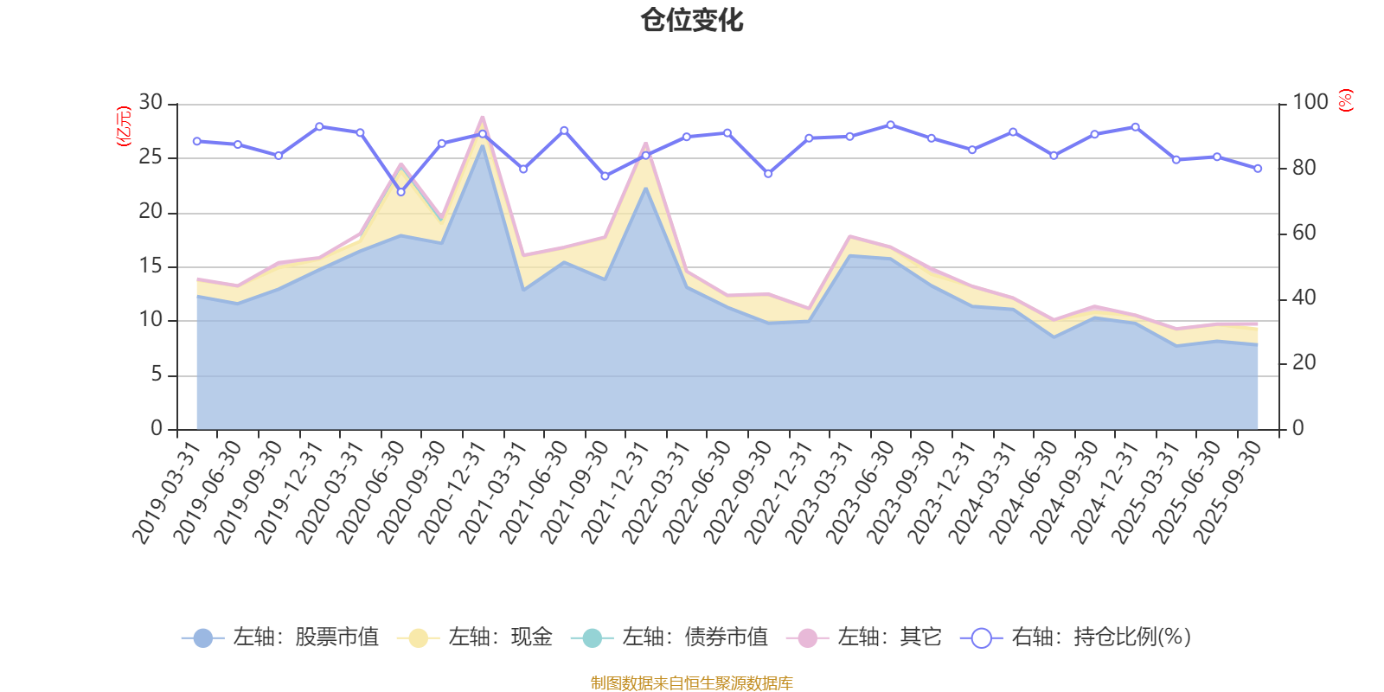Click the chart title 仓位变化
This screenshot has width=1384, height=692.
pos(692,20)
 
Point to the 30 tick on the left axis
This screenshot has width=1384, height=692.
pos(151,103)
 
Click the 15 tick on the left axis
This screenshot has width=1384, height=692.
pos(151,266)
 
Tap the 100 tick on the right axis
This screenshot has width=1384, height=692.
pos(1310,103)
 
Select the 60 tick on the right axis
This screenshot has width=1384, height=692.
pos(1304,233)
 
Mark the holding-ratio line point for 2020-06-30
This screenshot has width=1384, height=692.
pos(400,192)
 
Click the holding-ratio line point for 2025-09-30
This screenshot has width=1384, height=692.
pos(1258,169)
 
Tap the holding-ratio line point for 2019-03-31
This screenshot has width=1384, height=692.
pos(197,141)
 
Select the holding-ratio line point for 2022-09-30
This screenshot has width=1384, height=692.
pos(768,174)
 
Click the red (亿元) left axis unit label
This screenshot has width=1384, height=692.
pos(124,126)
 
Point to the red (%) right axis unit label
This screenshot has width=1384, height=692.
pos(1346,100)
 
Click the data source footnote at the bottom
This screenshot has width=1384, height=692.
pos(692,683)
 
